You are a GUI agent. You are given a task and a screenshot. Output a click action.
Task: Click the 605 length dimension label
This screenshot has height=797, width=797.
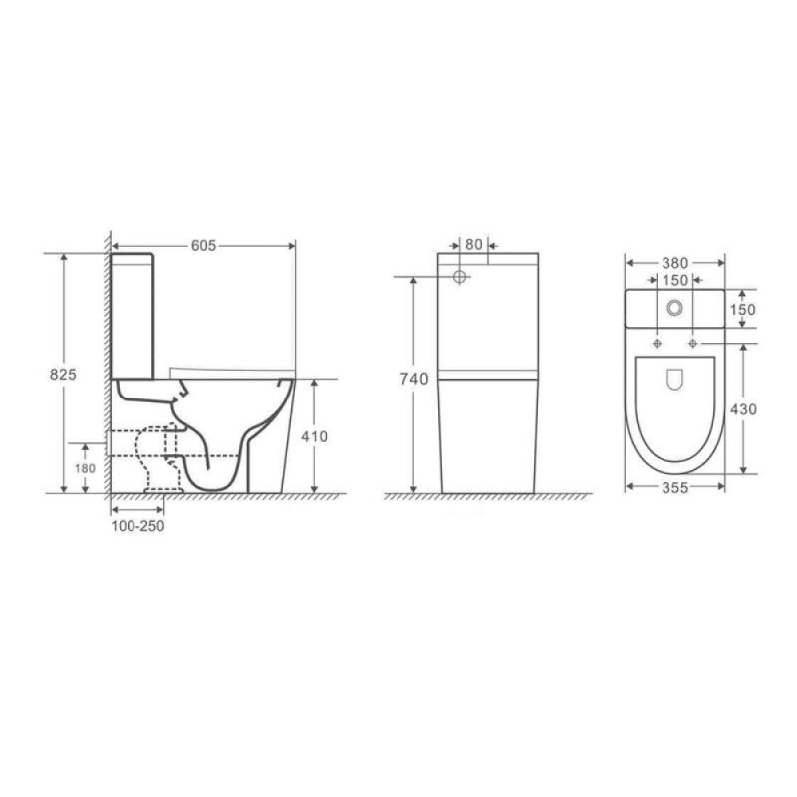204,246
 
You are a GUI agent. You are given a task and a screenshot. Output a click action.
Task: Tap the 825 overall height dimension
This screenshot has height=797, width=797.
63,375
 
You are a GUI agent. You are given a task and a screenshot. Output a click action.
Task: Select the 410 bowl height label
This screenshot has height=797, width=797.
314,436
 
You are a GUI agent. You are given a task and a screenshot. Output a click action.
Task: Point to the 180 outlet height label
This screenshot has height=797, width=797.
85,468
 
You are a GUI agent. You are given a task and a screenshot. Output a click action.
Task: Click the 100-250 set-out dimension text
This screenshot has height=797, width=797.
137,526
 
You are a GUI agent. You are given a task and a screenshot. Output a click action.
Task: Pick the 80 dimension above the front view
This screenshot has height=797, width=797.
474,244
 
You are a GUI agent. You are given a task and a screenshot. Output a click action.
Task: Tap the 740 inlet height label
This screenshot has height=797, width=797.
414,379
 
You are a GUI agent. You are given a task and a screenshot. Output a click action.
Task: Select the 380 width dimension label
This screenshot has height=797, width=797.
675,263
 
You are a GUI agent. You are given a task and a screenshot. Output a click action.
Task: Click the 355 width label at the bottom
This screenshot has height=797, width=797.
675,488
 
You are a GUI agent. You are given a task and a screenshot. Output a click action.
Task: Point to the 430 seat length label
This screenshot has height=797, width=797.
743,409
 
